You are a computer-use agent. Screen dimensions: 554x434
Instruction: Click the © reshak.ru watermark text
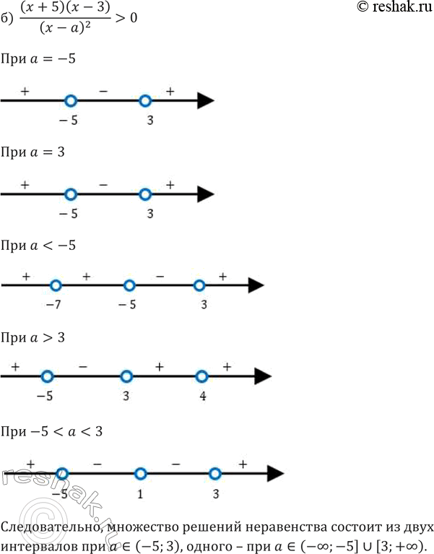pos(394,9)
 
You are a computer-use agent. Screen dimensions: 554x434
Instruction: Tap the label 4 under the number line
pos(201,396)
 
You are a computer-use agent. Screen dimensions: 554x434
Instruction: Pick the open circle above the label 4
pos(202,376)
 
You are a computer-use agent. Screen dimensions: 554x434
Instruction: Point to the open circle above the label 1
pos(141,474)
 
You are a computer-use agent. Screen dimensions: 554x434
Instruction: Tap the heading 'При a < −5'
pos(40,245)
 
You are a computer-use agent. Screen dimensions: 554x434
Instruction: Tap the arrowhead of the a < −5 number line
pos(254,285)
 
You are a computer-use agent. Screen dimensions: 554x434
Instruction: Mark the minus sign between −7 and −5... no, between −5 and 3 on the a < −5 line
pos(161,276)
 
